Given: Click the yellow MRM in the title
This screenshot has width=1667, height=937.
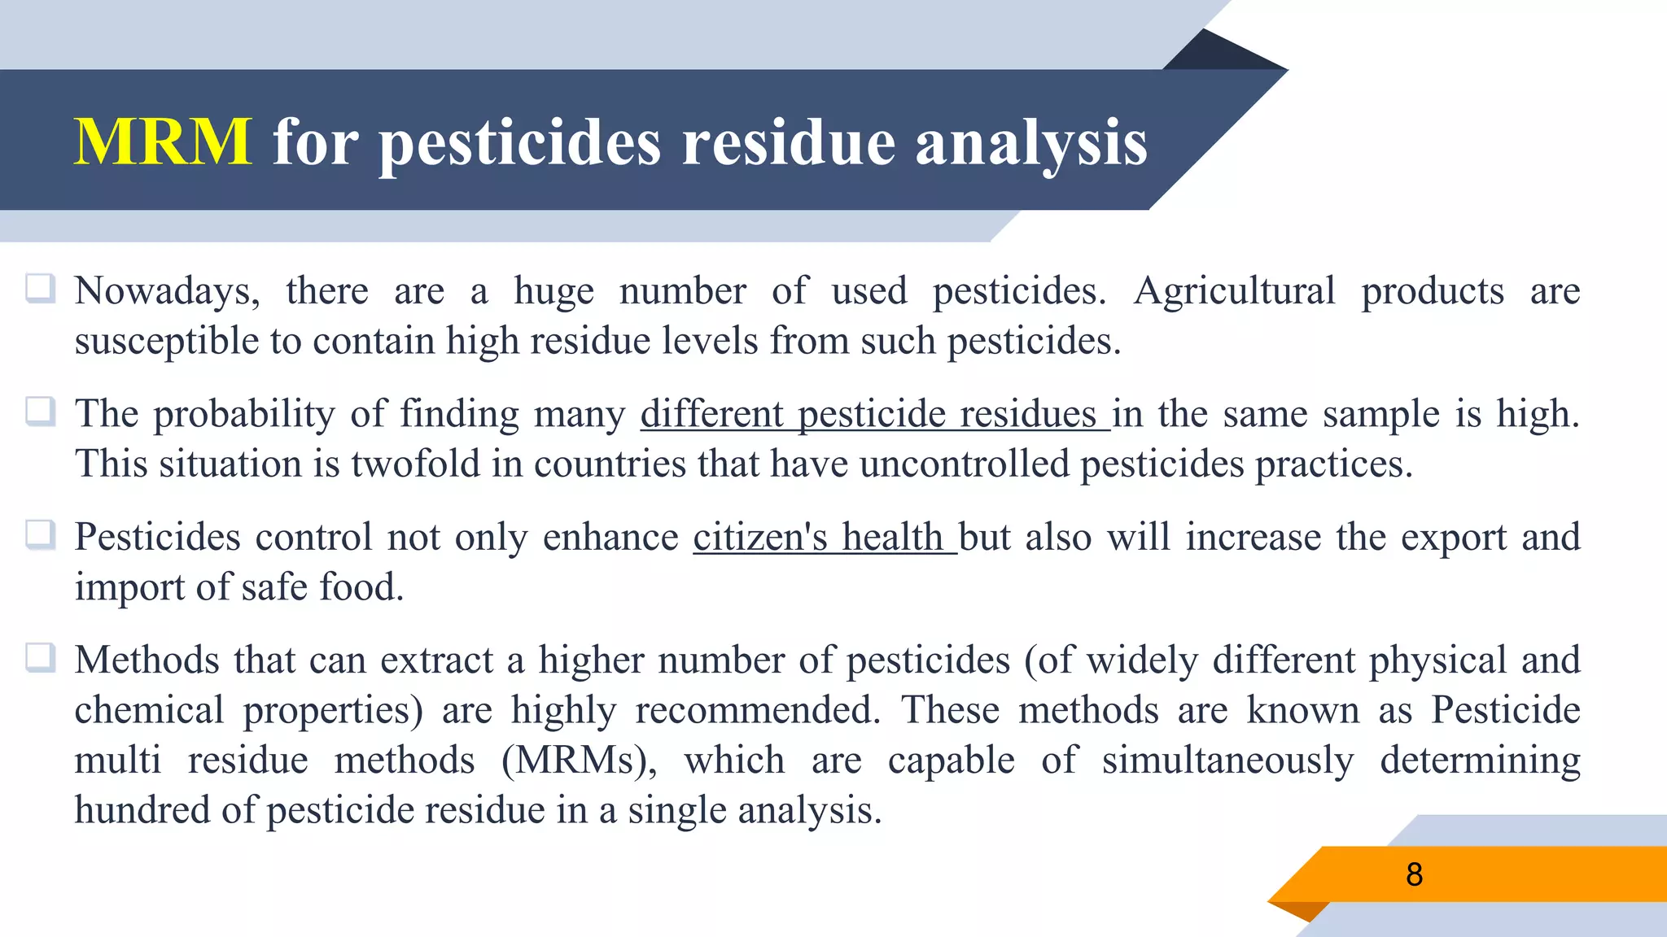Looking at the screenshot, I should pyautogui.click(x=163, y=142).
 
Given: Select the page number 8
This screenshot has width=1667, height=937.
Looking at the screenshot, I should pyautogui.click(x=1414, y=874).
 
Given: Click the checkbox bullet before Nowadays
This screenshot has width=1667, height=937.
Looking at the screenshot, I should pyautogui.click(x=41, y=289).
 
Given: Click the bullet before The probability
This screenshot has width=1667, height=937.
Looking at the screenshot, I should pyautogui.click(x=41, y=412).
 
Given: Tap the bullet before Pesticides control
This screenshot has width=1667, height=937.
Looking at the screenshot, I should pyautogui.click(x=41, y=535).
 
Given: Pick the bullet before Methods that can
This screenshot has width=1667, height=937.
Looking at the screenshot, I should pyautogui.click(x=41, y=658).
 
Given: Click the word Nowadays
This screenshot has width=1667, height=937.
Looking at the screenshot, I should pyautogui.click(x=167, y=291).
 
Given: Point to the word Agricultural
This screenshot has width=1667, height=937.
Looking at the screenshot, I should pyautogui.click(x=1234, y=291).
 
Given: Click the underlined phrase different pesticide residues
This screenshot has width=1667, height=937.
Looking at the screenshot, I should pyautogui.click(x=874, y=414).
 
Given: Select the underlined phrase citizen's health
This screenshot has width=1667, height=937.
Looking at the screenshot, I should pyautogui.click(x=824, y=538).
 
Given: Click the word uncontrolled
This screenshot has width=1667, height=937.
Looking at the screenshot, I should pyautogui.click(x=964, y=464).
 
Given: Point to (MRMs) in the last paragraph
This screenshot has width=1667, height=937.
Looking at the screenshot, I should pyautogui.click(x=579, y=761).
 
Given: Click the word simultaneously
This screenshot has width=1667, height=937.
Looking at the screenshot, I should pyautogui.click(x=1227, y=761).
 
